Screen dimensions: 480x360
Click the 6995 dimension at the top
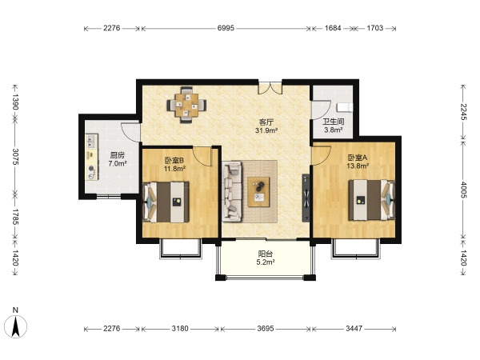226,28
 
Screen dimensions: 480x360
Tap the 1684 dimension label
333,28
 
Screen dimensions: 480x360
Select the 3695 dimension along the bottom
266,329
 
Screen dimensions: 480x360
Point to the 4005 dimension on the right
463,190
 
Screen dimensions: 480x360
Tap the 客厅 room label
266,122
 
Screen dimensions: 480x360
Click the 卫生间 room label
334,122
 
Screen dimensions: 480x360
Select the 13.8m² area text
358,166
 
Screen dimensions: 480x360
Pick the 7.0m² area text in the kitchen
118,163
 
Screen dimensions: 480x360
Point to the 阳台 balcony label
266,254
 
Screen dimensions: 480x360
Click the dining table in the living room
186,106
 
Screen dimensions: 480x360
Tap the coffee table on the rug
258,192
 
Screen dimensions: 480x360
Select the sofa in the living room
232,192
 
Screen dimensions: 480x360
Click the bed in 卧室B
166,202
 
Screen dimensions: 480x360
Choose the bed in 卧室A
372,200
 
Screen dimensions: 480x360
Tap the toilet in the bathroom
345,108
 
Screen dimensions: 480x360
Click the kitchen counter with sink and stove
91,157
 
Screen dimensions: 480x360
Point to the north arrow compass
16,326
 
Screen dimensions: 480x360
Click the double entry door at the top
270,87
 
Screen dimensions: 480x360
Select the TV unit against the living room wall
306,198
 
